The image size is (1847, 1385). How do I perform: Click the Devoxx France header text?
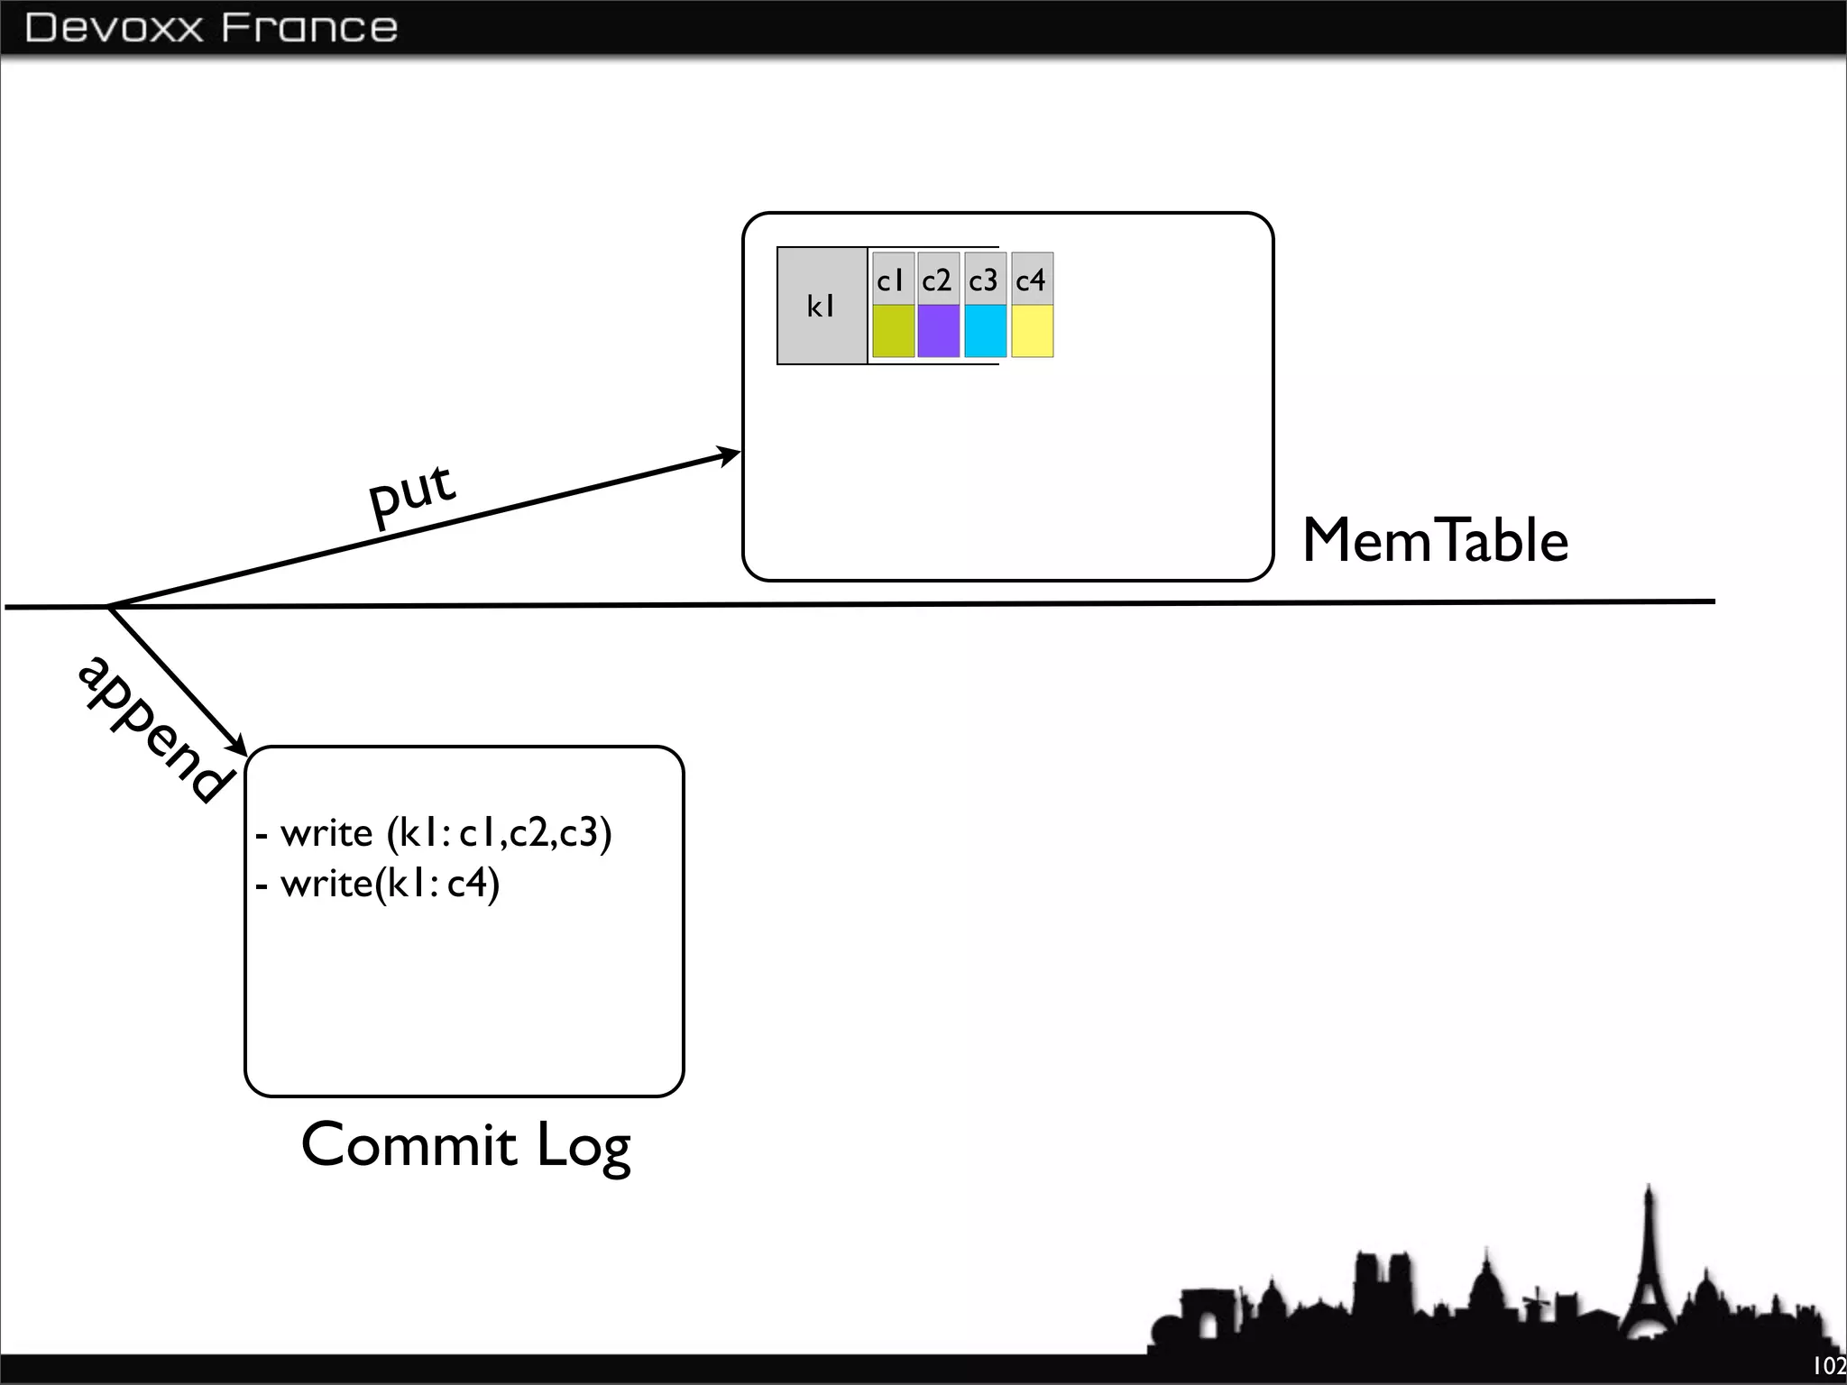tap(211, 28)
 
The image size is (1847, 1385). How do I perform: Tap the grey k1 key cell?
tap(822, 306)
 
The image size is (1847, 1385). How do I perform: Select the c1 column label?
tap(892, 280)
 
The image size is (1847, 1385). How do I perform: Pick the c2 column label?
tap(938, 280)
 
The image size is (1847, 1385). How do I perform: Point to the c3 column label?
tap(985, 280)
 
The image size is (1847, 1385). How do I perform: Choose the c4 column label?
tap(1032, 280)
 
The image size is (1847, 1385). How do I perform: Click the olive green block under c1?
tap(893, 331)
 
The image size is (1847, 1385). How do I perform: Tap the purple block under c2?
tap(939, 331)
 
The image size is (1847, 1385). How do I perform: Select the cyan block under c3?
tap(986, 331)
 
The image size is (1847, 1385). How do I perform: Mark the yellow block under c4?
tap(1033, 331)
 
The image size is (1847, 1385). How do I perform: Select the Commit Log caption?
tap(465, 1145)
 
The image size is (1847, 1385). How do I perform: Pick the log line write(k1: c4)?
tap(379, 883)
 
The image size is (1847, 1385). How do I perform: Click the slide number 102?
tap(1829, 1366)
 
